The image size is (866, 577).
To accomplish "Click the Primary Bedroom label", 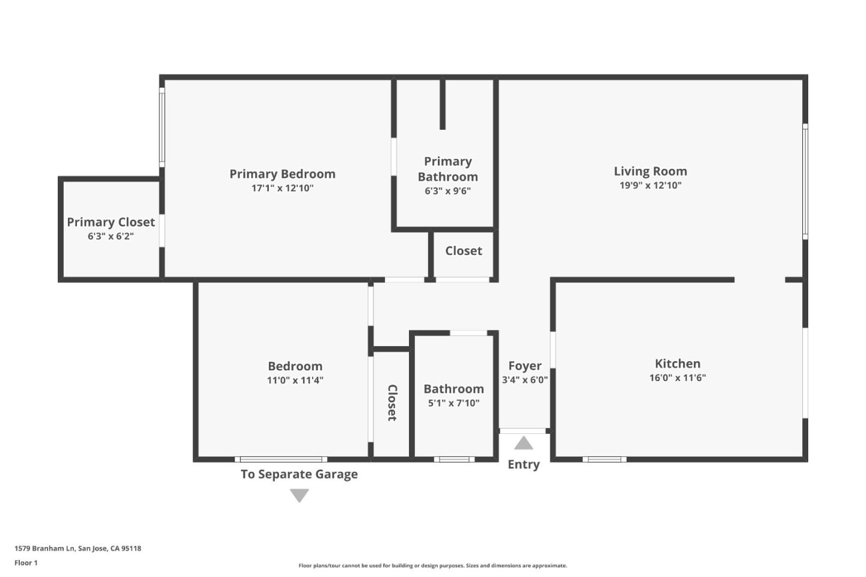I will click(282, 174).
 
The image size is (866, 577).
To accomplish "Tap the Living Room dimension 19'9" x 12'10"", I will click(650, 186).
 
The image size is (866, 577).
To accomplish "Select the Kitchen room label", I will click(677, 364).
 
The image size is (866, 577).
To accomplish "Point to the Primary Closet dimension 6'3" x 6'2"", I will click(111, 237).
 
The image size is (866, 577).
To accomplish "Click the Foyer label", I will click(524, 365).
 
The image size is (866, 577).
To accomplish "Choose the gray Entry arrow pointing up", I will click(523, 444).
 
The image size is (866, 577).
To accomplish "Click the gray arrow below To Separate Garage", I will click(299, 495).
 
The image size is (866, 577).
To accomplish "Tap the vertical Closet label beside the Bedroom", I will click(392, 403).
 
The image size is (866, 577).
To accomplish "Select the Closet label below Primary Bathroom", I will click(463, 251).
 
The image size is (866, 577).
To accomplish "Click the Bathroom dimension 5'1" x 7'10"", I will click(453, 403).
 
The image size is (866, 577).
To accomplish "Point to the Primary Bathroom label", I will click(447, 169).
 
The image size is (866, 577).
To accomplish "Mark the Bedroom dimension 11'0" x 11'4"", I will click(295, 380).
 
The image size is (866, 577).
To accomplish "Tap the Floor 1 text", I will click(26, 563).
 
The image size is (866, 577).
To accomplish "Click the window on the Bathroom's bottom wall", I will click(454, 460).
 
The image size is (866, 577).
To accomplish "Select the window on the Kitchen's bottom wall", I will click(604, 460).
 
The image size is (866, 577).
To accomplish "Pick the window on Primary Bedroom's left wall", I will click(162, 127).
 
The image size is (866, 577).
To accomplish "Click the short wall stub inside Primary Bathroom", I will click(443, 104).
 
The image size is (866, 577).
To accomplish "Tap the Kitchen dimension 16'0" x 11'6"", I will click(677, 378).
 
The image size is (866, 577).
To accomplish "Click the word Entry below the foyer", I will click(523, 465).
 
